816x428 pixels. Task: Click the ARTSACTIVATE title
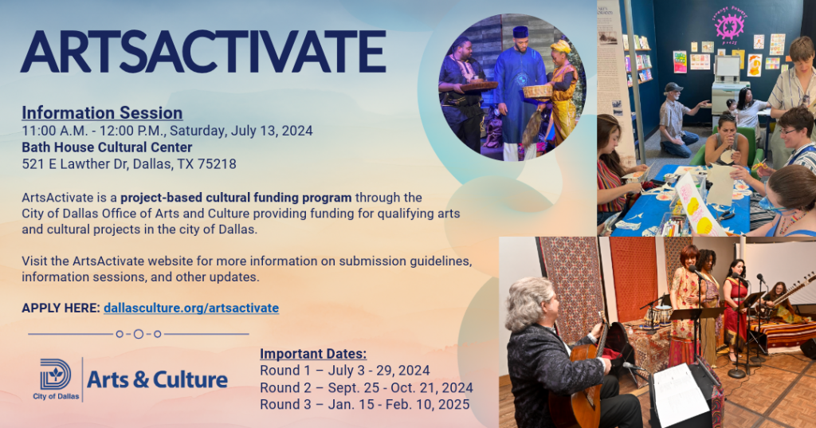pyautogui.click(x=203, y=52)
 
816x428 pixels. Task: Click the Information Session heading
pyautogui.click(x=102, y=113)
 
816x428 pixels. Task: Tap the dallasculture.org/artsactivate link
pyautogui.click(x=191, y=308)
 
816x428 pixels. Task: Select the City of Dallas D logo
pyautogui.click(x=56, y=374)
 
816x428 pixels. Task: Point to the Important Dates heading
pyautogui.click(x=313, y=354)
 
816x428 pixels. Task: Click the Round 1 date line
pyautogui.click(x=345, y=371)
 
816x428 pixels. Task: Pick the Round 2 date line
pyautogui.click(x=367, y=387)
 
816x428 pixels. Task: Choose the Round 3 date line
pyautogui.click(x=364, y=404)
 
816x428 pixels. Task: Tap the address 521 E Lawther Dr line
pyautogui.click(x=129, y=164)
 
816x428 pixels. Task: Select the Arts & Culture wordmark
pyautogui.click(x=157, y=379)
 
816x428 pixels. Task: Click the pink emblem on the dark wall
pyautogui.click(x=729, y=26)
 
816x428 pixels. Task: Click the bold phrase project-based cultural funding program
pyautogui.click(x=236, y=197)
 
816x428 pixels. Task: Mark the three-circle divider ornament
pyautogui.click(x=139, y=334)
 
